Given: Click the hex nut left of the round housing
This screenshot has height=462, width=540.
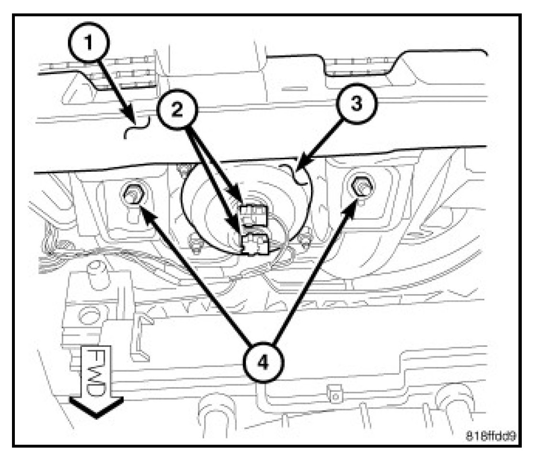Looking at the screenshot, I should point(132,194).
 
